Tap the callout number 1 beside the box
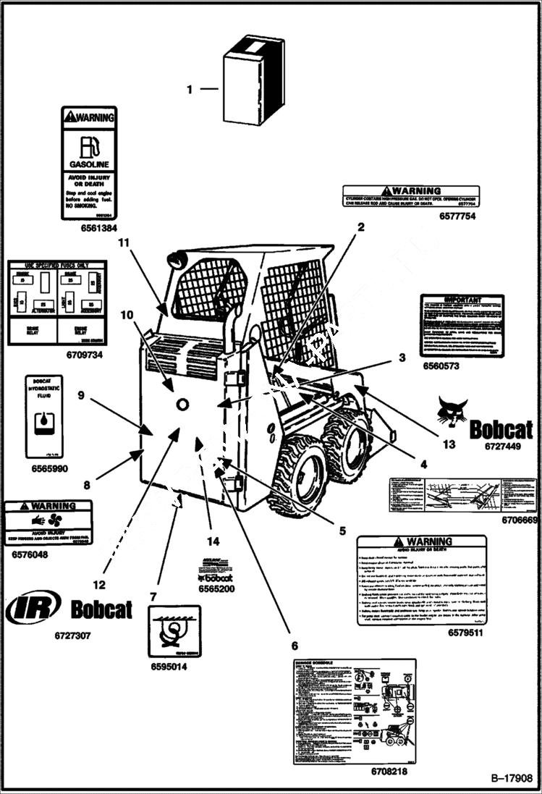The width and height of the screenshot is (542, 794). (x=190, y=90)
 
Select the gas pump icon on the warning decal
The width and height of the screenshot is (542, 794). (x=87, y=147)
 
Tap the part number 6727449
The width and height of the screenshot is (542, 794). (x=504, y=447)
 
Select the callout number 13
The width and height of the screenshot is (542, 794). (x=449, y=444)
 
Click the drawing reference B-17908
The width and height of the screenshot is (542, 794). (x=512, y=779)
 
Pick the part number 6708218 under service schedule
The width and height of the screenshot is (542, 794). (x=389, y=772)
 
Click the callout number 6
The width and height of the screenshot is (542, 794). (x=295, y=645)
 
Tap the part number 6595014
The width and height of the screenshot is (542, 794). (x=169, y=666)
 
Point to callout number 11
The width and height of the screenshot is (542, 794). (x=124, y=242)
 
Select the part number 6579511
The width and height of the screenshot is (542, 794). (x=465, y=632)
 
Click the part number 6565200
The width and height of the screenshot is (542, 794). (x=216, y=589)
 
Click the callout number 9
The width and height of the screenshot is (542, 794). (x=81, y=395)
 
